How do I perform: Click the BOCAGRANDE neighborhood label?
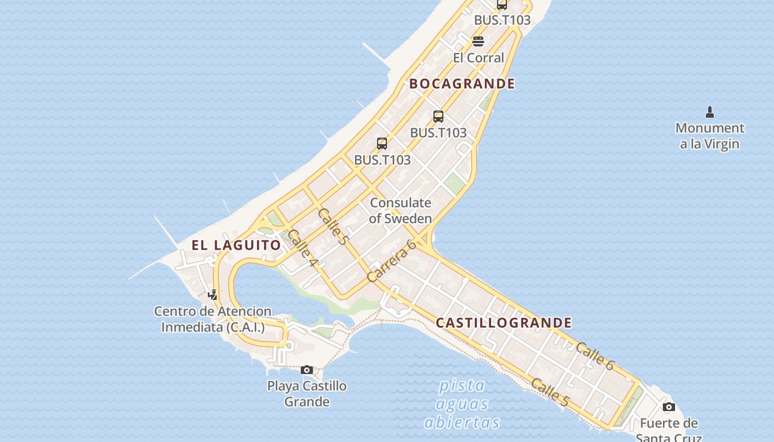click(x=462, y=84)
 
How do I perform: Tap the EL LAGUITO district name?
click(x=236, y=245)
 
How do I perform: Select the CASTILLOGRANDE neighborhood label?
click(x=504, y=323)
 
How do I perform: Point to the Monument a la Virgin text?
click(x=710, y=136)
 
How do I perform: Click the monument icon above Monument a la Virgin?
click(x=710, y=112)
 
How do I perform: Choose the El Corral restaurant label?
click(x=478, y=57)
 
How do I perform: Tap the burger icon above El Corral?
click(x=478, y=41)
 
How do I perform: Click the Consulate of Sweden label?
click(x=400, y=211)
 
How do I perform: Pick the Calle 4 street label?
click(x=302, y=248)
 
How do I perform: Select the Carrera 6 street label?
click(x=391, y=261)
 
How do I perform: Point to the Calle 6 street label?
click(x=594, y=356)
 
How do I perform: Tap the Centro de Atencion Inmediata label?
click(x=213, y=319)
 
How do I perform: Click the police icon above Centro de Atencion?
click(x=212, y=294)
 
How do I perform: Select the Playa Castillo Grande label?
click(x=307, y=393)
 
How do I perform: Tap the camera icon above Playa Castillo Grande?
click(x=307, y=370)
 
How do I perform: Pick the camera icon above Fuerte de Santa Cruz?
click(x=669, y=407)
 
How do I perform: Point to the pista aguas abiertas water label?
click(x=462, y=404)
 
